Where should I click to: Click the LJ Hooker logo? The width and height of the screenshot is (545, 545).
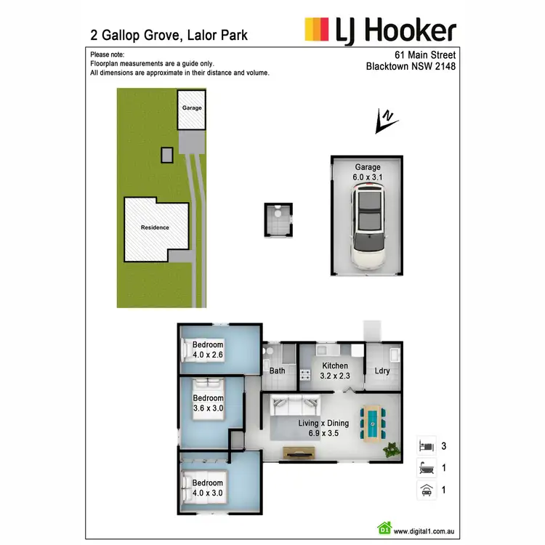click(x=380, y=31)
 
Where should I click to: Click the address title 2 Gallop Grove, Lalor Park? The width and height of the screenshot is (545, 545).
click(x=169, y=35)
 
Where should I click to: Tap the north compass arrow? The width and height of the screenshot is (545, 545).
click(x=385, y=121)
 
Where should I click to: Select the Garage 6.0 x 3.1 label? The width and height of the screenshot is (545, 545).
click(x=368, y=171)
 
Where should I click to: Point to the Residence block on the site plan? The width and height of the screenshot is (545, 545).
click(x=156, y=228)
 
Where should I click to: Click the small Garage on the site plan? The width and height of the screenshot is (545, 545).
click(x=192, y=108)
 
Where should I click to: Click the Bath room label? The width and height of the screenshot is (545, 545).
click(x=278, y=371)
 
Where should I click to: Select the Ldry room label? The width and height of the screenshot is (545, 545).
click(x=382, y=371)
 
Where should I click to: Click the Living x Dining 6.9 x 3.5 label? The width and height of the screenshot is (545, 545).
click(x=324, y=428)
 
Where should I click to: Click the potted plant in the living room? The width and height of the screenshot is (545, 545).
click(x=392, y=450)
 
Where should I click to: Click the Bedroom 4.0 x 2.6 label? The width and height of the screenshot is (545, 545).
click(x=207, y=350)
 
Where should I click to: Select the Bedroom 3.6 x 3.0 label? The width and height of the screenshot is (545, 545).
click(x=208, y=403)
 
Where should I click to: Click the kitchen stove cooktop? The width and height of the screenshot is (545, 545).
click(x=306, y=376)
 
